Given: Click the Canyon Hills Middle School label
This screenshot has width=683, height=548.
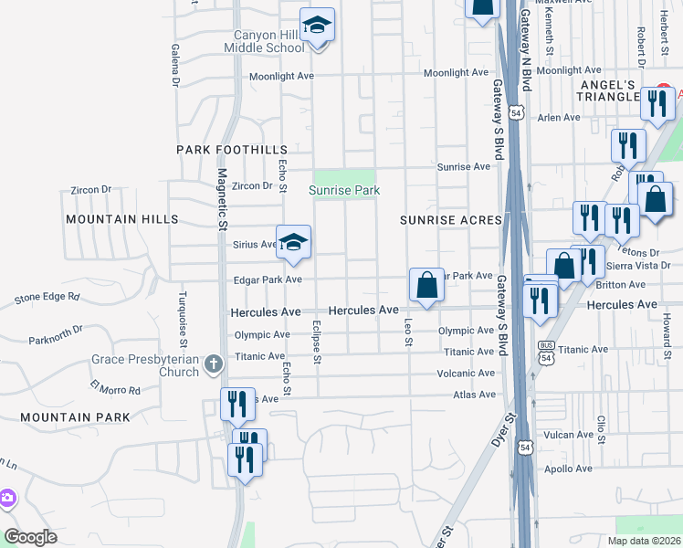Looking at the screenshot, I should click(264, 42).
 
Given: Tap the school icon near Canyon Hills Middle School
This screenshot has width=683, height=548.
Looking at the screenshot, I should click(317, 25).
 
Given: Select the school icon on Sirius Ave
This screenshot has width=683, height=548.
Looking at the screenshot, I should click(293, 242).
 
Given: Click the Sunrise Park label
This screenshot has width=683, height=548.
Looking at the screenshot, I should click(343, 190).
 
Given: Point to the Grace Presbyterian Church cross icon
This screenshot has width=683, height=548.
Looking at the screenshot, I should click(213, 365).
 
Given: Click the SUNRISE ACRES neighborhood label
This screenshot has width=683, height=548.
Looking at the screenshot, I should click(451, 220).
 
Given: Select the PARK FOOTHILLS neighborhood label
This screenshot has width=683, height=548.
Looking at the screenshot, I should click(232, 149).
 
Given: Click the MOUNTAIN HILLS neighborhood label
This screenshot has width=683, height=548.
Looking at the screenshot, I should click(121, 220).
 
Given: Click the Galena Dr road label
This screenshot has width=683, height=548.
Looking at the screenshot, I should click(173, 65).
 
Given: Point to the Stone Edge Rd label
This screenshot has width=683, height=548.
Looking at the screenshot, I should click(47, 297).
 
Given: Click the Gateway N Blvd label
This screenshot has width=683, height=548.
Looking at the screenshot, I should click(526, 46).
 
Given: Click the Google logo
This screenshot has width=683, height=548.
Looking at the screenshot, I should click(31, 537).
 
